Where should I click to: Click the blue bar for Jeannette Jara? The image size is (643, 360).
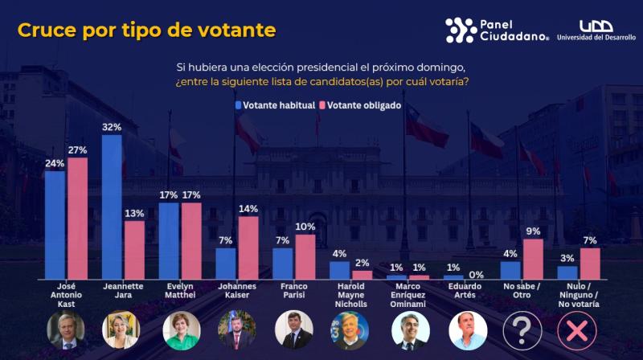coord(112,207)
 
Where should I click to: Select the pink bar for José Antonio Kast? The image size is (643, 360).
coord(77,218)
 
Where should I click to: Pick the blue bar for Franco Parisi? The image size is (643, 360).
coord(283,263)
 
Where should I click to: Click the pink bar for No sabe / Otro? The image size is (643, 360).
coord(533,258)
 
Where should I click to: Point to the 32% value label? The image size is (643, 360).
coord(112,127)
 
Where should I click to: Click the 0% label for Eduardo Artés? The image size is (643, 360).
coord(475,273)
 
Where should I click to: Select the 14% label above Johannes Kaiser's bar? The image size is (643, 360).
coord(248,209)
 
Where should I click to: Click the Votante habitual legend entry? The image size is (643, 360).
coord(274,105)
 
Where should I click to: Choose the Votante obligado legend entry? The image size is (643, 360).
coord(360,105)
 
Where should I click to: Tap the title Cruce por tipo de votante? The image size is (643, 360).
coord(147,31)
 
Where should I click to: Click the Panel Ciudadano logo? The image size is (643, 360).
coord(497,30)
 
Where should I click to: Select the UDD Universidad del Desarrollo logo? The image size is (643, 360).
coord(596,31)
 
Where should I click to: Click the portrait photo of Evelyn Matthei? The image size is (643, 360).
coord(181,329)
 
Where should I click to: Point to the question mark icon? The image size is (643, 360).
coord(522,329)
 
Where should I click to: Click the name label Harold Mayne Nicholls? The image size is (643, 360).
coord(351,294)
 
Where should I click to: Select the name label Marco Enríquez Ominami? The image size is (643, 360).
coord(408,294)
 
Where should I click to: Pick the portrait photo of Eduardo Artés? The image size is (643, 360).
coord(465,329)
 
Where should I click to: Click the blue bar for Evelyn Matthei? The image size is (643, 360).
coord(169,240)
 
